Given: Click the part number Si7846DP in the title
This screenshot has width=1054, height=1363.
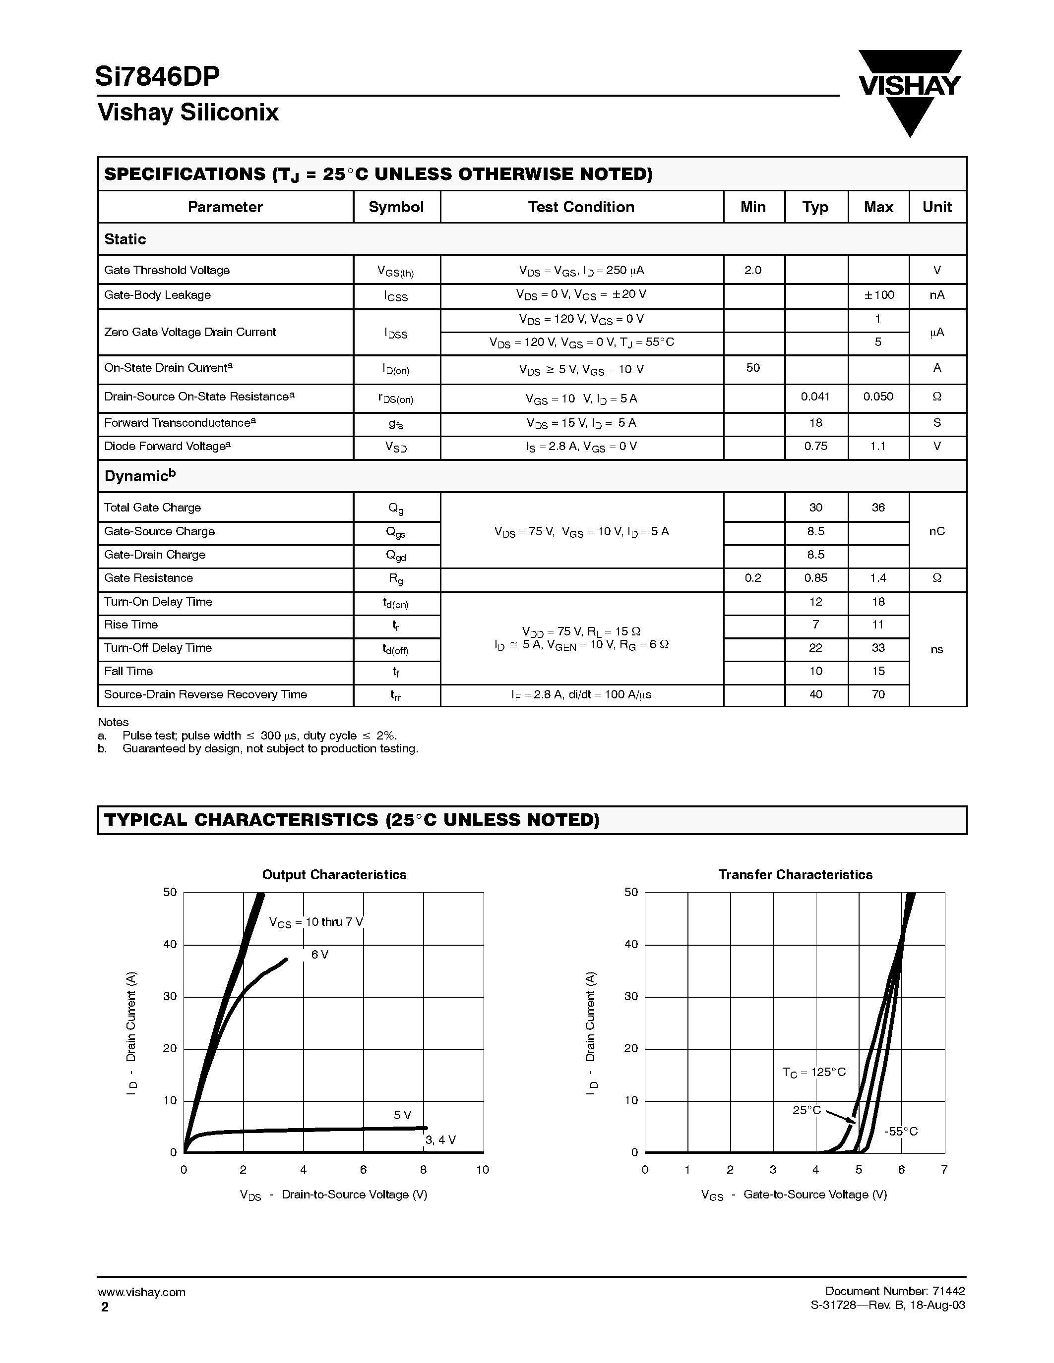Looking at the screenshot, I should click(x=157, y=77).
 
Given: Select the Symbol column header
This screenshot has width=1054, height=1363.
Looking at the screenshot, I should click(x=396, y=207).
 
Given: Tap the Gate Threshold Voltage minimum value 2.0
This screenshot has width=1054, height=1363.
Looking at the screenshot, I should click(x=753, y=270).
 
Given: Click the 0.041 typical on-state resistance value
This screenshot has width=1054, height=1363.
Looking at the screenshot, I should click(x=815, y=397).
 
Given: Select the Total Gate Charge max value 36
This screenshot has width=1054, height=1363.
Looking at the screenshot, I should click(x=878, y=508).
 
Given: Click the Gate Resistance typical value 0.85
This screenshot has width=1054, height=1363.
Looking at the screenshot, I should click(x=815, y=578).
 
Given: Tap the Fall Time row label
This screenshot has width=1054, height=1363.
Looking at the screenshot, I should click(x=128, y=672).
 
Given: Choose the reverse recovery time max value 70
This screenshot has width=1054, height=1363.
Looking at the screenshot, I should click(x=878, y=694).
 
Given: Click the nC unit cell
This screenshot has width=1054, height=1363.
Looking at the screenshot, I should click(x=936, y=531).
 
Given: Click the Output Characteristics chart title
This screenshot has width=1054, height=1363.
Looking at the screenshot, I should click(x=334, y=875).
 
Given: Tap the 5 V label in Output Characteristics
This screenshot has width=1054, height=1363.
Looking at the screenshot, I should click(x=402, y=1115).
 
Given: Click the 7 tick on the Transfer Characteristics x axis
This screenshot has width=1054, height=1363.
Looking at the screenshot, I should click(x=944, y=1170).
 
